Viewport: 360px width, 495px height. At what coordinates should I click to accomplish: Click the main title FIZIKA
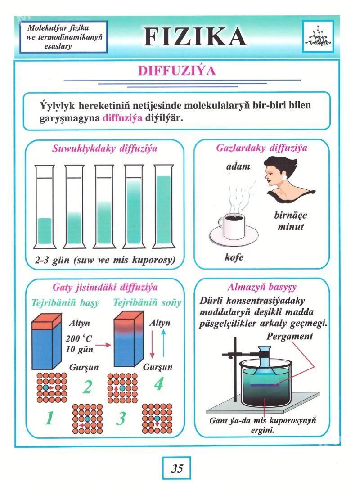pyautogui.click(x=195, y=37)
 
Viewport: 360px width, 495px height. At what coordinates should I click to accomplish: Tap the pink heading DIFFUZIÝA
pyautogui.click(x=177, y=70)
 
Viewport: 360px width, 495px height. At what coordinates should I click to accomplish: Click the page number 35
pyautogui.click(x=177, y=468)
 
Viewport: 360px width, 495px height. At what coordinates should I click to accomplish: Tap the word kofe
pyautogui.click(x=234, y=257)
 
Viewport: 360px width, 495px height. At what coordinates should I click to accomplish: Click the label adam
pyautogui.click(x=238, y=166)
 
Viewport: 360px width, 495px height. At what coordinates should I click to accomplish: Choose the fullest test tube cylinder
pyautogui.click(x=164, y=207)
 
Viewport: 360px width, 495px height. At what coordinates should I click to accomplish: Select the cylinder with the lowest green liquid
pyautogui.click(x=45, y=207)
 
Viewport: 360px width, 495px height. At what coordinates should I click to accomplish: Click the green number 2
pyautogui.click(x=87, y=387)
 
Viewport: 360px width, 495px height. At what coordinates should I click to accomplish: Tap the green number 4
pyautogui.click(x=159, y=384)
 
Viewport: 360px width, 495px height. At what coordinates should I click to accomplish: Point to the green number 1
pyautogui.click(x=49, y=418)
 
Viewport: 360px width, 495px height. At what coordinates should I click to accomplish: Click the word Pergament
pyautogui.click(x=289, y=337)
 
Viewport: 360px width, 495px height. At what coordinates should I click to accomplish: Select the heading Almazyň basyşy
pyautogui.click(x=262, y=287)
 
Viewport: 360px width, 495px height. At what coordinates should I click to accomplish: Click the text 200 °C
pyautogui.click(x=79, y=339)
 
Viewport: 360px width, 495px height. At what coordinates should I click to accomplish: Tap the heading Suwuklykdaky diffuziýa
pyautogui.click(x=104, y=148)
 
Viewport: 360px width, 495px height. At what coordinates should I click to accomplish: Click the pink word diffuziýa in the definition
pyautogui.click(x=122, y=118)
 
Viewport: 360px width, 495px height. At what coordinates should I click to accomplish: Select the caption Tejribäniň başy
pyautogui.click(x=65, y=303)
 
